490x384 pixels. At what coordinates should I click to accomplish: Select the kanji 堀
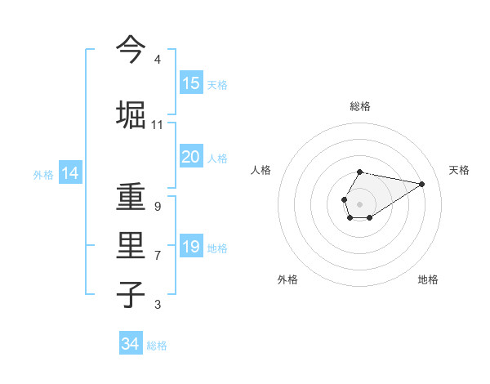click(x=131, y=114)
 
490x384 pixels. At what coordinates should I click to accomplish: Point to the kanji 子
click(x=131, y=294)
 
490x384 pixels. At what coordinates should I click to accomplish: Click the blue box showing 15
click(x=191, y=83)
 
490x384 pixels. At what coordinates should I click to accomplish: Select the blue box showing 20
click(x=191, y=157)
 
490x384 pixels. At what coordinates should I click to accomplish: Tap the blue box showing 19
click(x=191, y=247)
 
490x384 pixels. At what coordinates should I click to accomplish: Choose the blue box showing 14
click(x=69, y=173)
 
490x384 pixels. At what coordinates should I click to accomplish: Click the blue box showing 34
click(x=130, y=344)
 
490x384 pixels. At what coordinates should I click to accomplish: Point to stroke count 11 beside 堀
click(x=157, y=125)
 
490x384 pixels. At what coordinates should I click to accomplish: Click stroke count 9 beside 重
click(x=157, y=207)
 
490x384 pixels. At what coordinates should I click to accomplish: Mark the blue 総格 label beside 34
click(x=157, y=346)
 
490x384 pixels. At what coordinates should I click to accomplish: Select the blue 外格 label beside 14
click(x=43, y=174)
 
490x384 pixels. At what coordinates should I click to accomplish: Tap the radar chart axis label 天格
click(x=459, y=170)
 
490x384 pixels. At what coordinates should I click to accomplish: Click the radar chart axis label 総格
click(x=359, y=106)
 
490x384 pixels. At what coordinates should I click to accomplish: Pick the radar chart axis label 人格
click(x=261, y=170)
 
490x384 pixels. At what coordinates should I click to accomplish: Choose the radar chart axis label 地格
click(x=428, y=279)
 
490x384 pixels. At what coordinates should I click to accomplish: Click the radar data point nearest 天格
click(x=422, y=183)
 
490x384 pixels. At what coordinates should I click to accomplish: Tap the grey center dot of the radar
click(x=359, y=203)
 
